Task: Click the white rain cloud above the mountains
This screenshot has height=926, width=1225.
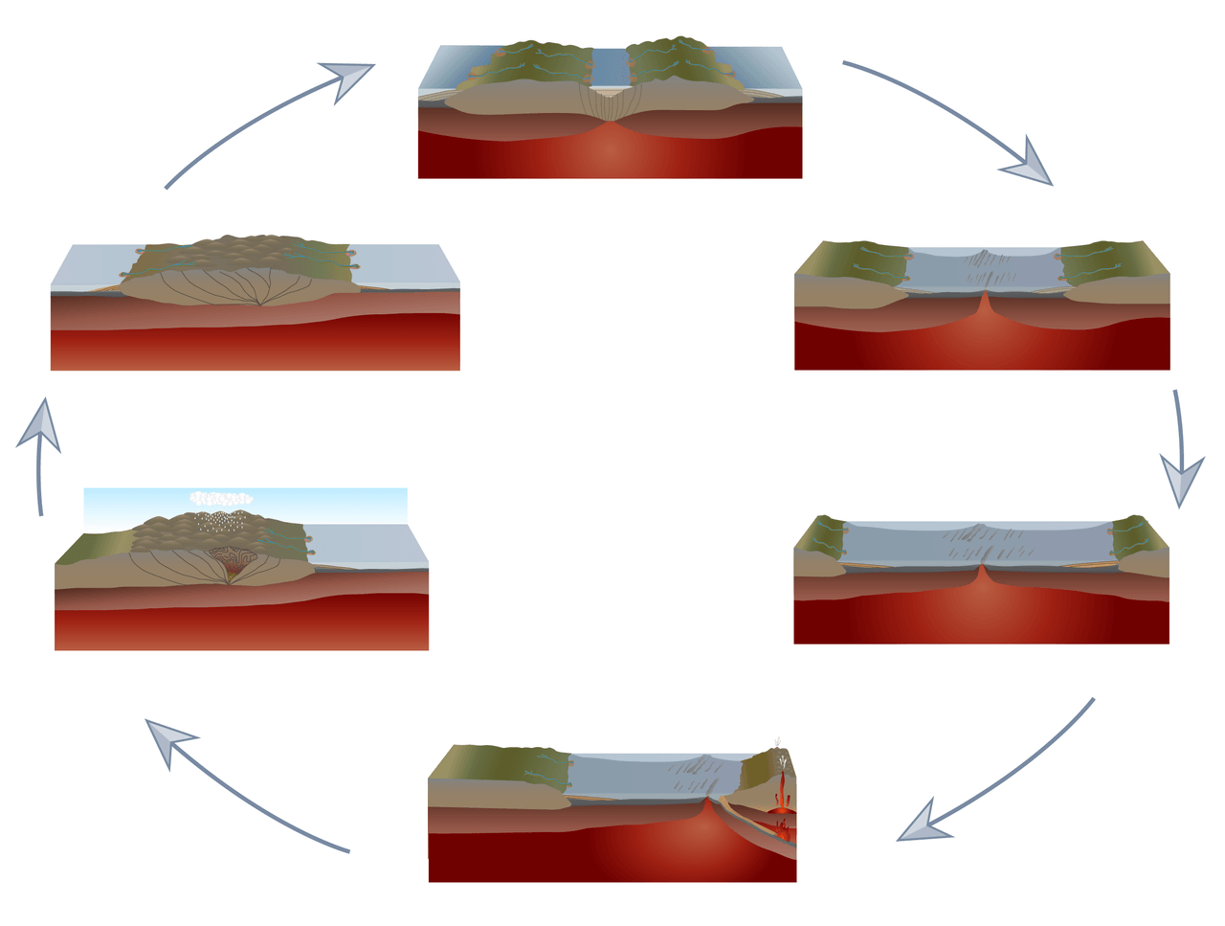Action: pos(221,498)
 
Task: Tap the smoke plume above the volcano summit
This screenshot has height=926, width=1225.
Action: pos(780,744)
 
